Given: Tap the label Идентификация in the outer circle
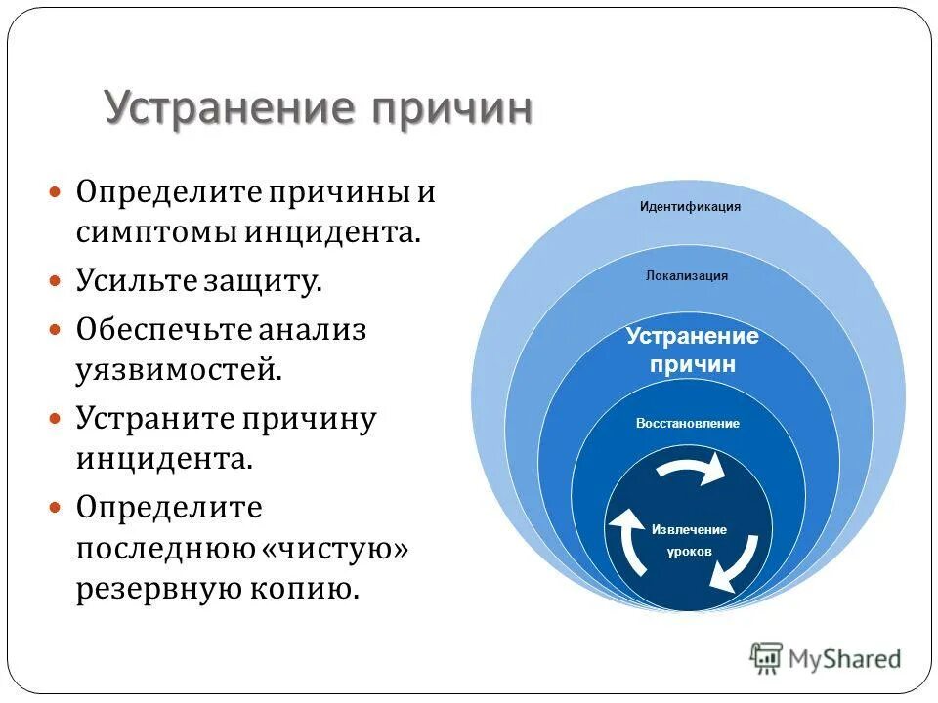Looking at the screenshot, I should point(690,207).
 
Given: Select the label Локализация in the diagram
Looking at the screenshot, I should point(687,276).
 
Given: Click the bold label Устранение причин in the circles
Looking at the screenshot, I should point(693,351).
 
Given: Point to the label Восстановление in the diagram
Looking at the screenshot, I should point(687,424).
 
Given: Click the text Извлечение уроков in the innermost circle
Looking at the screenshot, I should point(689,540).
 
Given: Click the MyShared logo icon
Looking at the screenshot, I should point(766,659).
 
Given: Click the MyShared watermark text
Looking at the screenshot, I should point(845,659).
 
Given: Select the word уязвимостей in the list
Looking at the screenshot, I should point(179,370).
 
